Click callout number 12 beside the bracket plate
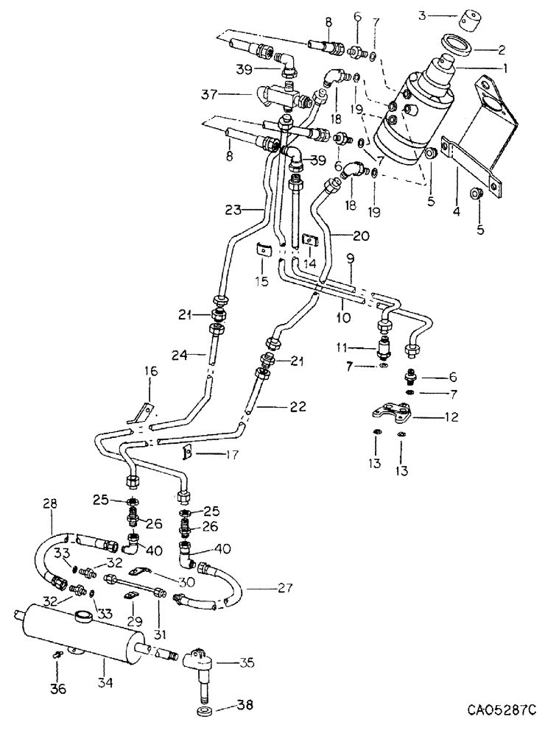pos(451,417)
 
